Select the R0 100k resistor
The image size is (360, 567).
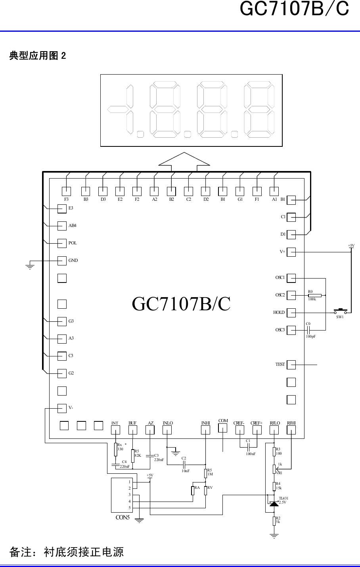tap(315, 295)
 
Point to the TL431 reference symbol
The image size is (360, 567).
tap(274, 504)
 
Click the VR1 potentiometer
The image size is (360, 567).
tap(274, 469)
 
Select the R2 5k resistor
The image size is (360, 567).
tap(274, 521)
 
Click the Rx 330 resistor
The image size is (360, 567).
tap(116, 449)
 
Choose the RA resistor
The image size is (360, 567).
tap(193, 490)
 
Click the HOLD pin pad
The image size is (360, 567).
tap(291, 313)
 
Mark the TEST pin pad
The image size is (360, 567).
tap(291, 365)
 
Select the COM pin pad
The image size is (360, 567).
tap(223, 428)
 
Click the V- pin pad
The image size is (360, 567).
tap(62, 408)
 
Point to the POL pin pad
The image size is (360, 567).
tap(62, 243)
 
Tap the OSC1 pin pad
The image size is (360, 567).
tap(291, 278)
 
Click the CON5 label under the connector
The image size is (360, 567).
tap(123, 517)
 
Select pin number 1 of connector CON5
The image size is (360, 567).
tap(129, 482)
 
